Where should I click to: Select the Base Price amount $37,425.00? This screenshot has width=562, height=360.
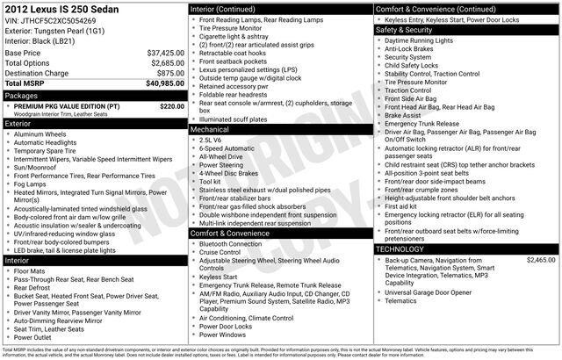pos(165,54)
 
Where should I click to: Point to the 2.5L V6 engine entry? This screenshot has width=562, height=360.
pos(212,140)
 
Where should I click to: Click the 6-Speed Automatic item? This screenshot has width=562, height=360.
pos(227,149)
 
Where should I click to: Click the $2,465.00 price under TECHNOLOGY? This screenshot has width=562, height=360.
pos(540,261)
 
